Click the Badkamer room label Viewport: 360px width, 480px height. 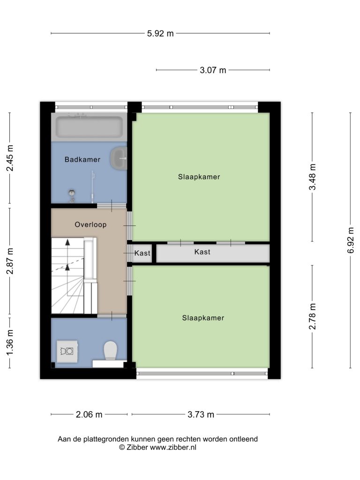coord(82,159)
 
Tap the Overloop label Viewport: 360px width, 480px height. coord(90,225)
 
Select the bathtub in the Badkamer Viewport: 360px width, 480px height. coord(89,127)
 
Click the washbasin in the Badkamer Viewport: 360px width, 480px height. coord(119,158)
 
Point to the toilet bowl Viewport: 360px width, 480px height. coord(111,351)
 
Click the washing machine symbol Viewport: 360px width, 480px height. coord(67,351)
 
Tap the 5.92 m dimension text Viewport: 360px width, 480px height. coord(160,33)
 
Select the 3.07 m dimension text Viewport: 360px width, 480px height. coord(213,70)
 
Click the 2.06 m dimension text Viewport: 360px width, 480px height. coord(89,414)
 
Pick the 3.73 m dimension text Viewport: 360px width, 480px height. coord(201,414)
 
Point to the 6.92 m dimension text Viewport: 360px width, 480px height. coord(351,240)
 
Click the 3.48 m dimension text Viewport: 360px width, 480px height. coord(312,177)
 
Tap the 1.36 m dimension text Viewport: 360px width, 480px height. coord(10,343)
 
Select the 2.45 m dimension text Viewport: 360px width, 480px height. coord(10,158)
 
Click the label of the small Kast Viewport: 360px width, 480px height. coord(142,253)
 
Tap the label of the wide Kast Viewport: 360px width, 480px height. coord(202,252)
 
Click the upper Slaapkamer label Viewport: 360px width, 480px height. coord(199,177)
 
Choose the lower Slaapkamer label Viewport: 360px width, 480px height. coord(203,318)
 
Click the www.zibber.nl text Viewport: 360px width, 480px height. coord(173,447)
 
